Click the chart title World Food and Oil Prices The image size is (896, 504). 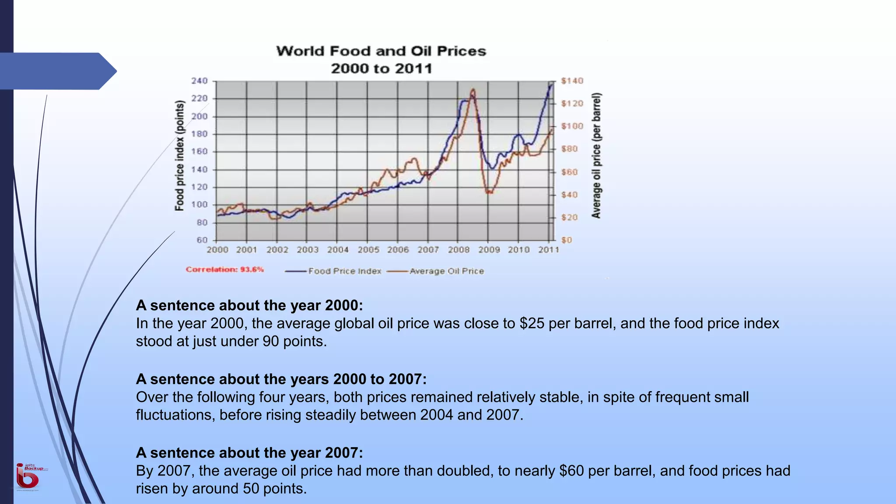click(381, 51)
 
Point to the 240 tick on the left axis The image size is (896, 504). click(199, 81)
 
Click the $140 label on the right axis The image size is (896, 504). click(572, 81)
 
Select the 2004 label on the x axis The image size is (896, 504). click(338, 250)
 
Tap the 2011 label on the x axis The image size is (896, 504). click(549, 250)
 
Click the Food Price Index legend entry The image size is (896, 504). click(344, 271)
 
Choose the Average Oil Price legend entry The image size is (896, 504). click(446, 271)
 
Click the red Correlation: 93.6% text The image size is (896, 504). click(225, 269)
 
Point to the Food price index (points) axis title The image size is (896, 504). click(179, 156)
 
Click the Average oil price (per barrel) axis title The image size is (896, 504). click(597, 156)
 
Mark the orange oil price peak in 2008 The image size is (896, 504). click(473, 90)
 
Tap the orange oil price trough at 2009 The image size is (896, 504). click(488, 192)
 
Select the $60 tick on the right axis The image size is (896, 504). click(569, 172)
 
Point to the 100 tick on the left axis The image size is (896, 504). click(199, 205)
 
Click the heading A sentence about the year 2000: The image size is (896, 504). click(249, 305)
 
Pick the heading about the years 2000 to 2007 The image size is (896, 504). click(281, 379)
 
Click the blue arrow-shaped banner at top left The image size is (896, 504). click(57, 71)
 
